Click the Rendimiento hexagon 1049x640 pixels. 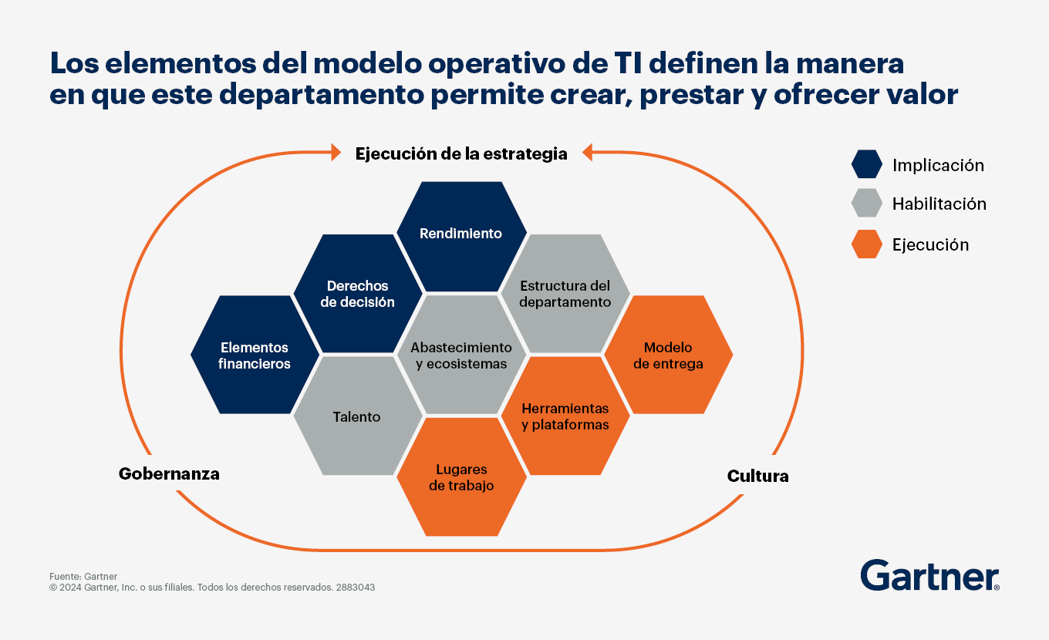tap(461, 237)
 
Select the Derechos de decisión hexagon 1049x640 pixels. tap(358, 294)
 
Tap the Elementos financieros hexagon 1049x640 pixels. tap(255, 355)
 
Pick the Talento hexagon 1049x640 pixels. tap(358, 416)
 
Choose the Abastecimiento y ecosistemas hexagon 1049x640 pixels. tap(461, 355)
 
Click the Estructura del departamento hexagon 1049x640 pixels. tap(565, 294)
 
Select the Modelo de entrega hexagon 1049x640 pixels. tap(668, 355)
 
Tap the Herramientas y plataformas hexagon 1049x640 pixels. tap(565, 416)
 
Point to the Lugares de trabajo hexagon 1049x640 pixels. tap(461, 477)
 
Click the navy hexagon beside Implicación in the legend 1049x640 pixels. tap(867, 164)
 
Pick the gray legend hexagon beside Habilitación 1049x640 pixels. tap(867, 203)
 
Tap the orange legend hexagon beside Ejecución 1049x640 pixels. tap(867, 244)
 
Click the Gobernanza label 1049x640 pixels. tap(169, 473)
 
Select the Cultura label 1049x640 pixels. tap(757, 476)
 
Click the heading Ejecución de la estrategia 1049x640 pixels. tap(461, 154)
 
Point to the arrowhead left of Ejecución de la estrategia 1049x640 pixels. tap(336, 152)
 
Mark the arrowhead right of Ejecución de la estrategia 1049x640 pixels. tap(587, 152)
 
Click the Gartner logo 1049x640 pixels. tap(930, 575)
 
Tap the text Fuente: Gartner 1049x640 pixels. tap(83, 576)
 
